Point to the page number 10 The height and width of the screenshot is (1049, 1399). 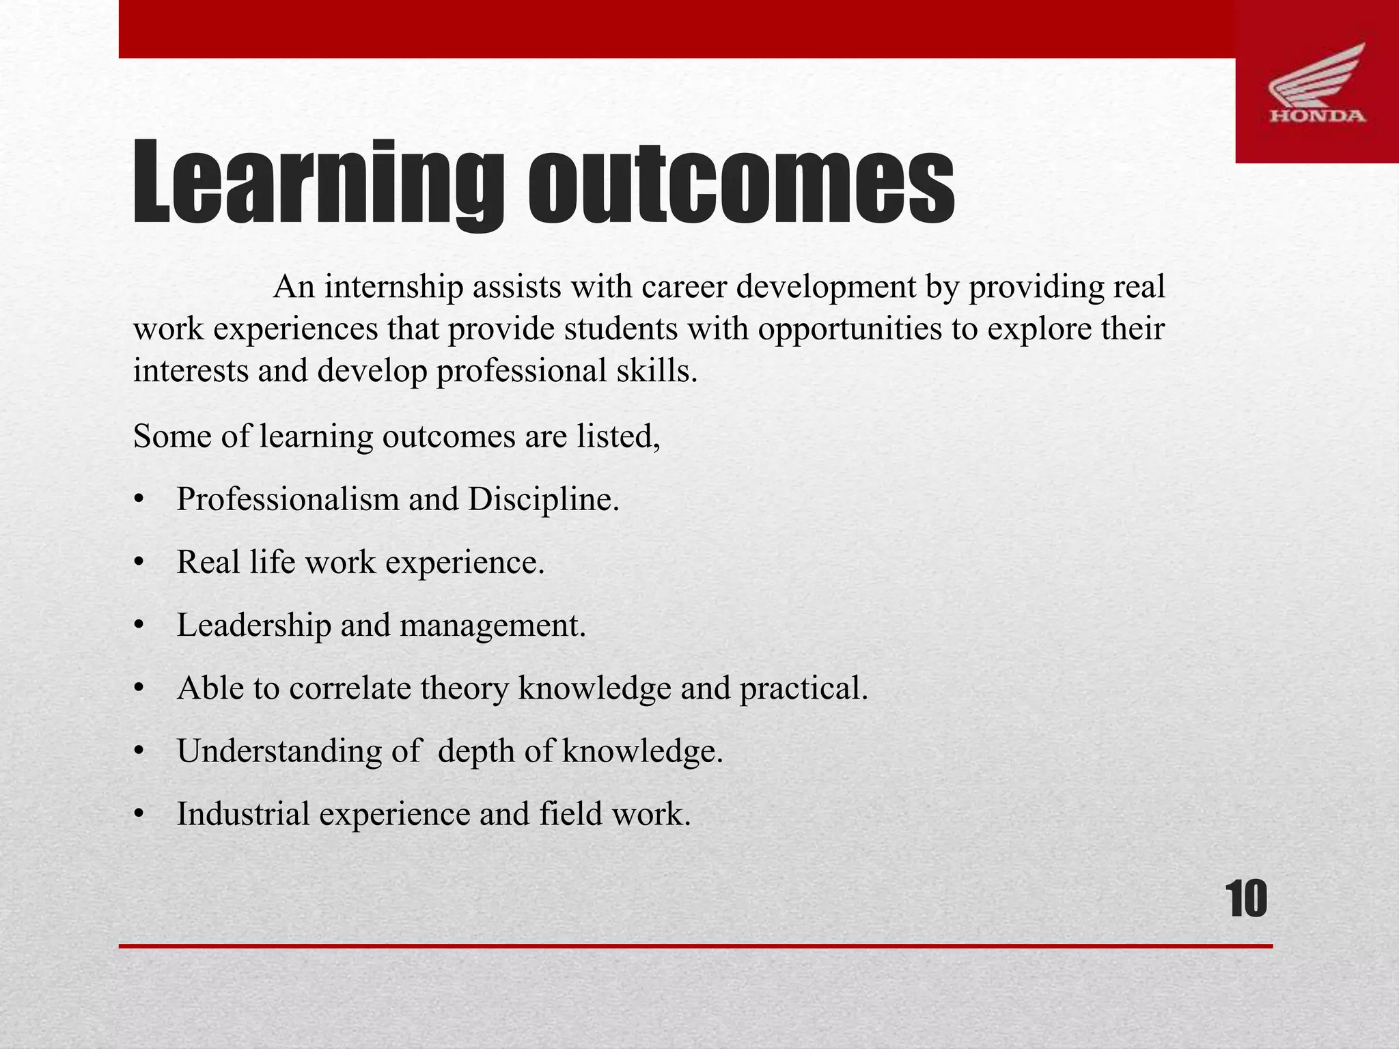coord(1247,899)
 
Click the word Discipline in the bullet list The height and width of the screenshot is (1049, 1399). coord(543,499)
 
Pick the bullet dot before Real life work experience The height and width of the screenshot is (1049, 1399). coord(139,563)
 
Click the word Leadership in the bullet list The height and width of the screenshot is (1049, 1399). coord(253,625)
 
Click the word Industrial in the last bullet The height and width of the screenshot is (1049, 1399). coord(243,814)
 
